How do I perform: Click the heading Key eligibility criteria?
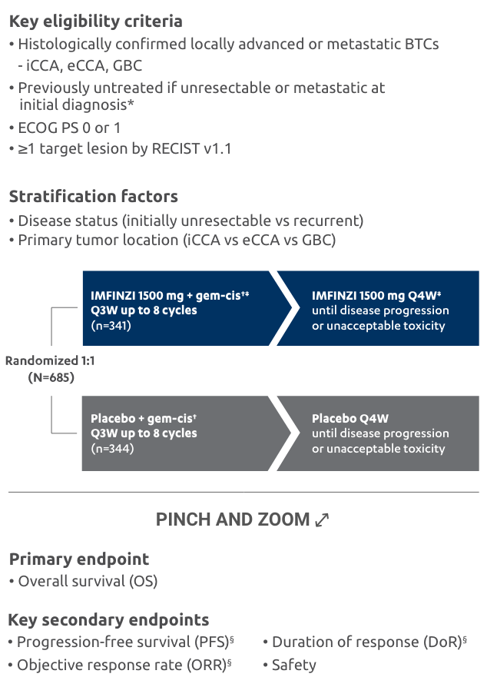(x=95, y=22)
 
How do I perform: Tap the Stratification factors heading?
(x=93, y=197)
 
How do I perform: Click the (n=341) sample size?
(x=112, y=325)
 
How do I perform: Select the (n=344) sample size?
(x=112, y=448)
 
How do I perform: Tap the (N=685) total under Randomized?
(x=51, y=377)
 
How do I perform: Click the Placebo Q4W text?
(x=350, y=419)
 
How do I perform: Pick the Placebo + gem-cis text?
(x=145, y=419)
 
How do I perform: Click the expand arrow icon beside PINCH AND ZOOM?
(x=322, y=520)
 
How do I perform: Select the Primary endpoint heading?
(x=79, y=559)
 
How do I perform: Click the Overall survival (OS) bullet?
(x=87, y=581)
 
